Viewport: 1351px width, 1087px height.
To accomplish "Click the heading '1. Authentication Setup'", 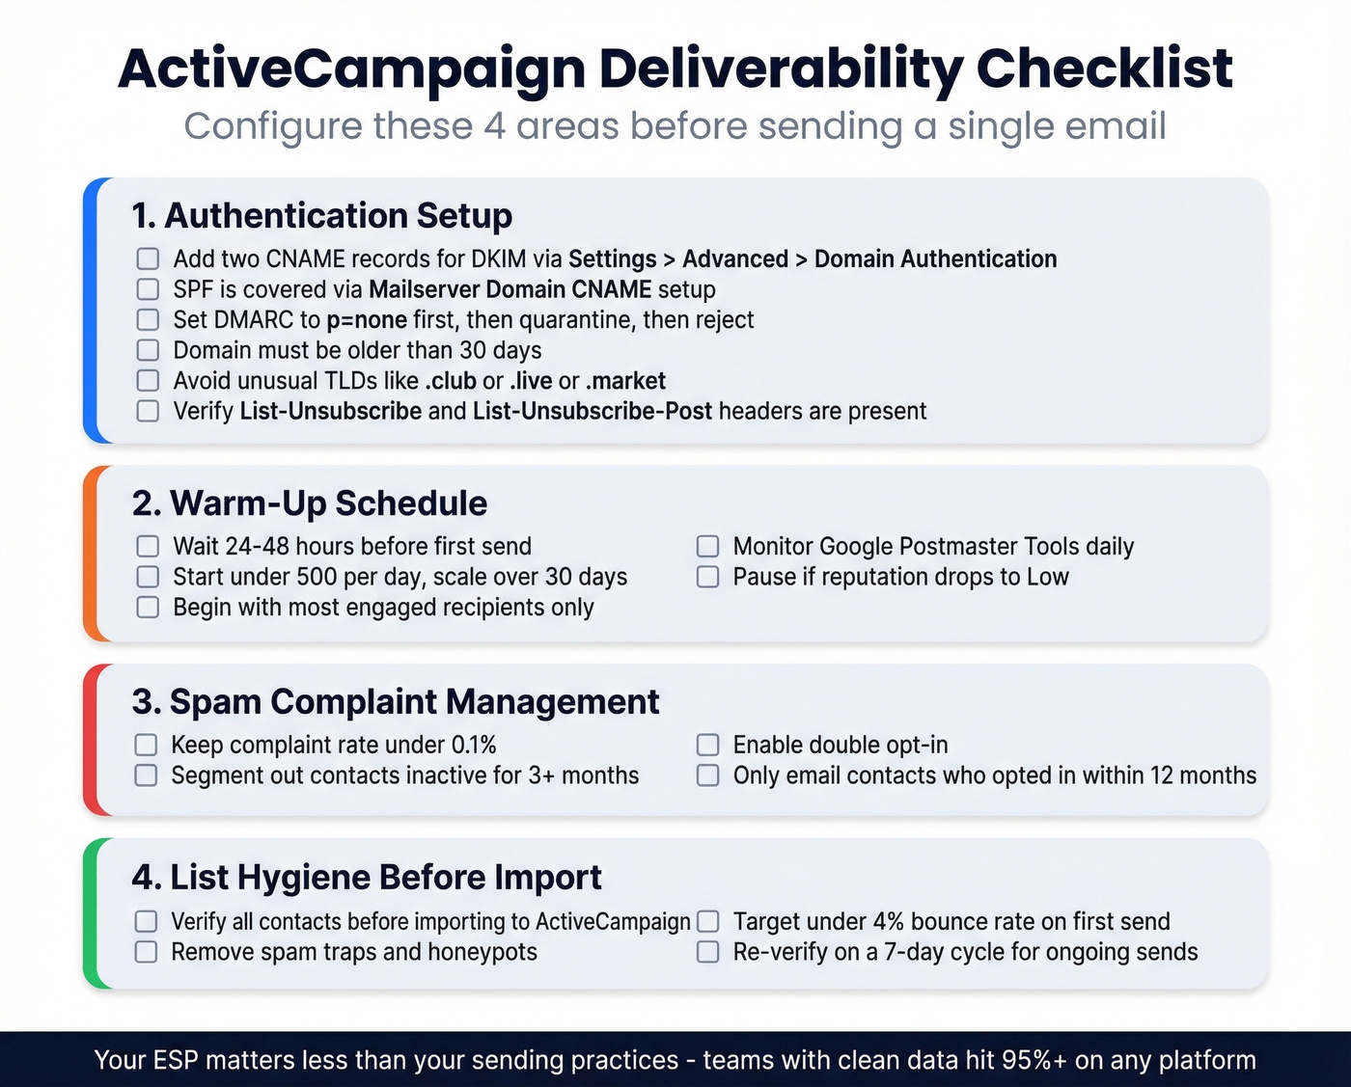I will (321, 215).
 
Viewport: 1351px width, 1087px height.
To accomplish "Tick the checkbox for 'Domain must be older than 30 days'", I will (148, 350).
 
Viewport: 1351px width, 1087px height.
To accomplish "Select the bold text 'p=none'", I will (367, 320).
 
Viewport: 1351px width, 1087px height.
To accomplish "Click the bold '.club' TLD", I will (451, 381).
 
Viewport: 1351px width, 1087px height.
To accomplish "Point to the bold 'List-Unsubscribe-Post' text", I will (592, 412).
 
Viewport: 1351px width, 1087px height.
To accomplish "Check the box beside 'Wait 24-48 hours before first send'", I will (148, 547).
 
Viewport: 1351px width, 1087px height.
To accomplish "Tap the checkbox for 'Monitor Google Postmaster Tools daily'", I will (708, 547).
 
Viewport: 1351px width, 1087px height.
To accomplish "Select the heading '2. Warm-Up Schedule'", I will (310, 503).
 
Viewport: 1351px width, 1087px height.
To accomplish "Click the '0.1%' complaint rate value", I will (474, 746).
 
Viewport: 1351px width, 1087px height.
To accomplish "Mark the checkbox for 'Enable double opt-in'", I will (708, 746).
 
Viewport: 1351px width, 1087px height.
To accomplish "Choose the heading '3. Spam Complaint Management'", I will (396, 702).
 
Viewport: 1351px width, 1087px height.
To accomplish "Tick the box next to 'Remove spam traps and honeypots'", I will (146, 952).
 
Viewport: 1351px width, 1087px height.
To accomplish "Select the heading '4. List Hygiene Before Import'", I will (367, 878).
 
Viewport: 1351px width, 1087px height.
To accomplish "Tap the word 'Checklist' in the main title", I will (1104, 69).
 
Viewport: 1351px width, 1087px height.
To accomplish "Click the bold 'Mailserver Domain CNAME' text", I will (510, 289).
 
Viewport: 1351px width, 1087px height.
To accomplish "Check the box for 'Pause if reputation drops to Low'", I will (708, 577).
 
